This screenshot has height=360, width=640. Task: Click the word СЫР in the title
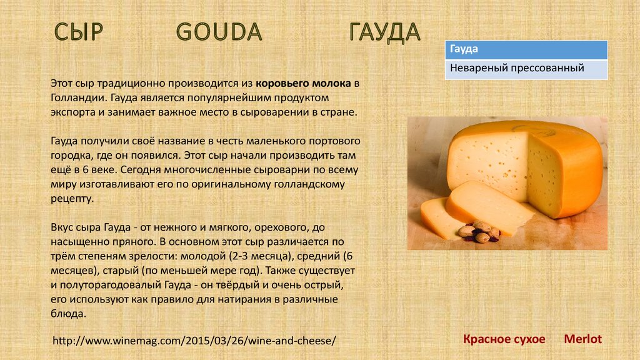point(78,32)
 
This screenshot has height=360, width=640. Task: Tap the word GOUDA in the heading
point(219,32)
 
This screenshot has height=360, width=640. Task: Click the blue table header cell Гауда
point(526,50)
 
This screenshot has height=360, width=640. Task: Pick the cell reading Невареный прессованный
point(526,69)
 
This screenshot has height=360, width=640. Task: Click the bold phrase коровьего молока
point(303,84)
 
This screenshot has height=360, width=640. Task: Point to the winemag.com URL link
point(194,341)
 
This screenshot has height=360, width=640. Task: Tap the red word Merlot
point(583,339)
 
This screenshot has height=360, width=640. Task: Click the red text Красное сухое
point(504,339)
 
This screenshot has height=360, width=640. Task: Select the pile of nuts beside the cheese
point(479,231)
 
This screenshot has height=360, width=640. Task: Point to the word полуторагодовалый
point(111,285)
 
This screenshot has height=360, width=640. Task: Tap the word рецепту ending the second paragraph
point(72,199)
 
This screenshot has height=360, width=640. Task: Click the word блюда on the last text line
point(69,314)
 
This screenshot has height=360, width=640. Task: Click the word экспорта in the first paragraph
point(72,112)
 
